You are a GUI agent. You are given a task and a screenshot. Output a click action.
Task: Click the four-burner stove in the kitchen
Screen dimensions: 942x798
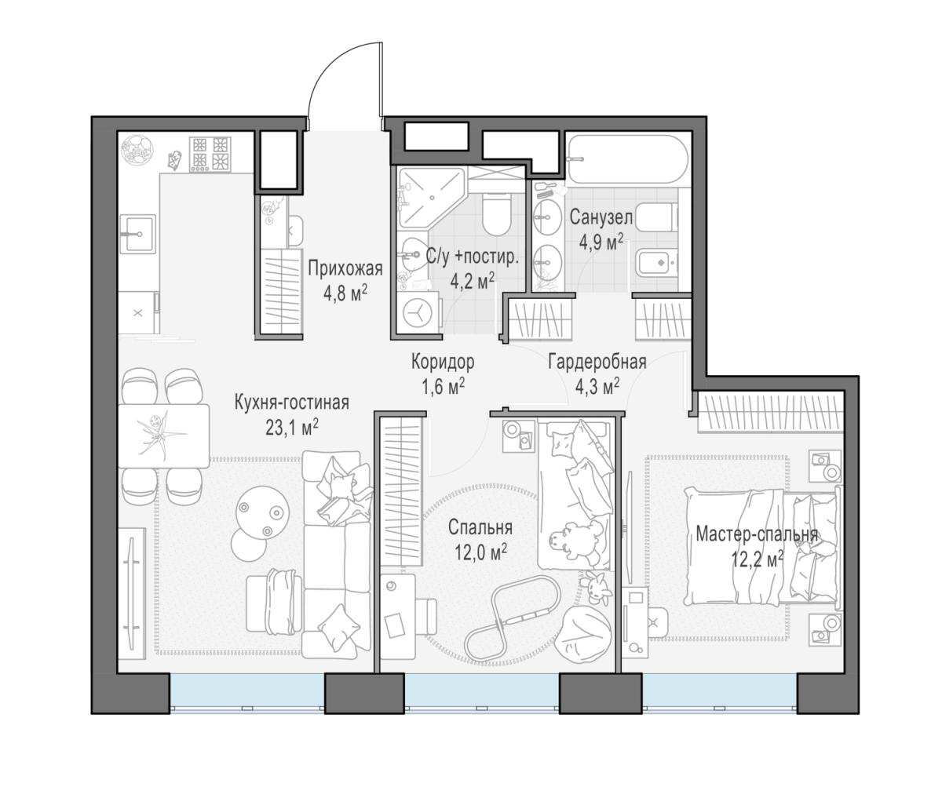point(210,154)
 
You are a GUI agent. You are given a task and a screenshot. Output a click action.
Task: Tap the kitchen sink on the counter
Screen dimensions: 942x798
point(137,235)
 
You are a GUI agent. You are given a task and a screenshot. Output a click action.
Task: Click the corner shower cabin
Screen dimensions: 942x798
point(431,197)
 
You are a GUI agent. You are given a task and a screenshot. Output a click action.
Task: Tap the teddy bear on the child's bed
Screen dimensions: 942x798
point(573,540)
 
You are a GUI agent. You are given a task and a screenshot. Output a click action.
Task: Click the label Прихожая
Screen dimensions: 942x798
point(345,268)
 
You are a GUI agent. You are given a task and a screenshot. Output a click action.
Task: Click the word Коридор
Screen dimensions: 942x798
point(443,362)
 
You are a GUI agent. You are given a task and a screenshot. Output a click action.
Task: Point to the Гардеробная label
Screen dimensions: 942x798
point(597,362)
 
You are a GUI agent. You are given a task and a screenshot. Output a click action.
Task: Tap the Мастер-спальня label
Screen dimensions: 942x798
point(757,534)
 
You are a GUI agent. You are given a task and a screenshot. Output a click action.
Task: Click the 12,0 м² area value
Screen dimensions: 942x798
point(480,553)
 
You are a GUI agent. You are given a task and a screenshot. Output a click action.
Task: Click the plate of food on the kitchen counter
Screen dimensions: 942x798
point(138,150)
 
